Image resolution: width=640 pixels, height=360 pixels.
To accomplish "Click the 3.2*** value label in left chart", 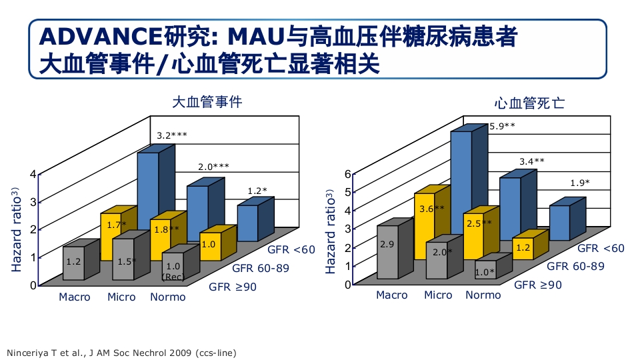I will [x=171, y=135].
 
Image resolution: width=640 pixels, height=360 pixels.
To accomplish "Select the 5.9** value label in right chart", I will [x=502, y=125].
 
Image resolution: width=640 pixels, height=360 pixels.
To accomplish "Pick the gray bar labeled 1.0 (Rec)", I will [x=173, y=270].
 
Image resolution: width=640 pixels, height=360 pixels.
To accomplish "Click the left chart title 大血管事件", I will [x=207, y=103].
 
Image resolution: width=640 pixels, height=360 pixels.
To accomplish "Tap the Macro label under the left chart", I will [x=75, y=297].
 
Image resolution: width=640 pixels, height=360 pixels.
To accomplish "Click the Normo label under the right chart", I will [x=483, y=295].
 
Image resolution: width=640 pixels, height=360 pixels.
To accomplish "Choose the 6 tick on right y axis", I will [x=347, y=174].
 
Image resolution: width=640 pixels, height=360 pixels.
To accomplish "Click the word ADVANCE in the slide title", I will [x=93, y=36].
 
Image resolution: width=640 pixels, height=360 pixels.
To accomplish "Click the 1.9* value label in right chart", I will [x=579, y=183].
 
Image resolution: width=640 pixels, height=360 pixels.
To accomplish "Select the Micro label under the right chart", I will [x=438, y=295].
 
